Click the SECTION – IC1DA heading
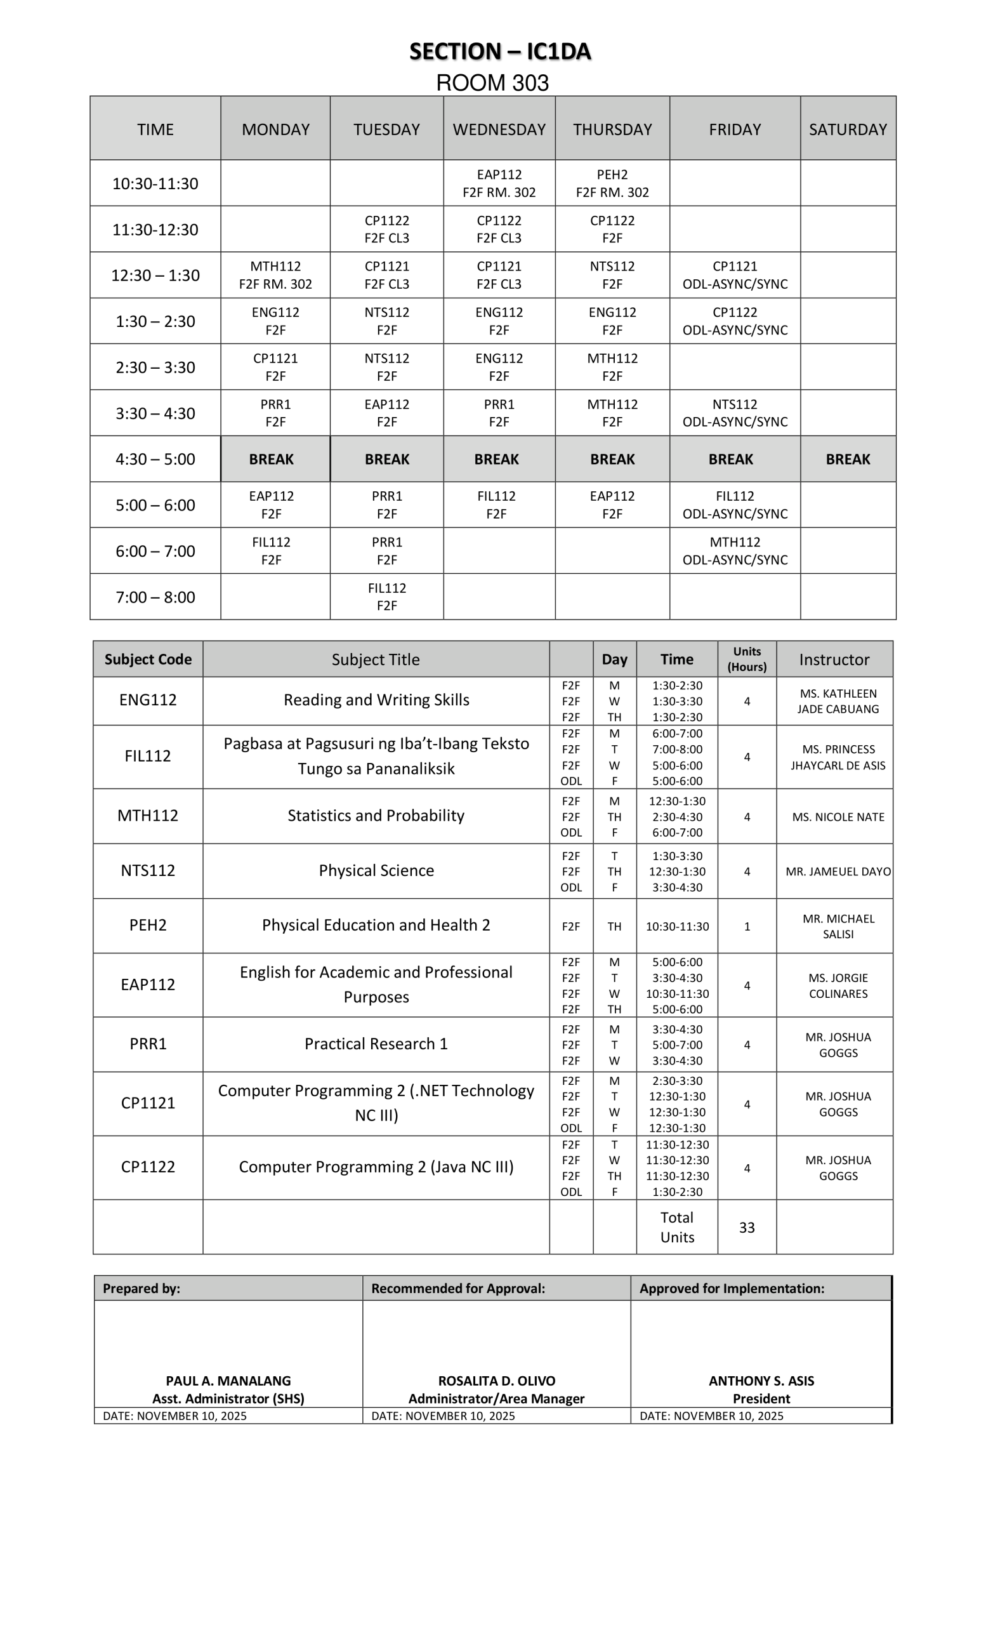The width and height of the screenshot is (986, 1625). (x=499, y=51)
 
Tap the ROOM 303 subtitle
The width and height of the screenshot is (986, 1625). (x=492, y=83)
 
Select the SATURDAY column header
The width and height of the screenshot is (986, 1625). (x=848, y=129)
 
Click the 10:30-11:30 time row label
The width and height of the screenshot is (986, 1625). (x=155, y=183)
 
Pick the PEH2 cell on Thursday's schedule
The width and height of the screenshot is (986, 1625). (x=612, y=183)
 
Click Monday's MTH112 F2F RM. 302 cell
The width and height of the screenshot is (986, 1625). (x=275, y=275)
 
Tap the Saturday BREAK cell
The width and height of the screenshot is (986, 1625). (x=848, y=459)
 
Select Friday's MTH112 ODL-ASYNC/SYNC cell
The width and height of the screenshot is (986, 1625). (x=734, y=551)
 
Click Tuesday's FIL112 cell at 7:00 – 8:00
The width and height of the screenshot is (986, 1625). (x=386, y=597)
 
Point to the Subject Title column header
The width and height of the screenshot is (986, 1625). (x=376, y=660)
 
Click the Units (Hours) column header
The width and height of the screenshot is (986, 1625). (x=746, y=660)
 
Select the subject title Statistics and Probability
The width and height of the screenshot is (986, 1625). (x=376, y=816)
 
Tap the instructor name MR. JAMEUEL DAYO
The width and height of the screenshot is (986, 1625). (x=838, y=871)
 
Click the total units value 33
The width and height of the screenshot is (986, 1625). (x=746, y=1228)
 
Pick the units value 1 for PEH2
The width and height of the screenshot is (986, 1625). (x=746, y=926)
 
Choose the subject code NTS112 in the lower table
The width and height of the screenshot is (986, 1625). (x=148, y=870)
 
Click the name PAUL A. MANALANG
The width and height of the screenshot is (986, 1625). (x=228, y=1381)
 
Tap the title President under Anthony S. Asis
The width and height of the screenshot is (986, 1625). (x=761, y=1399)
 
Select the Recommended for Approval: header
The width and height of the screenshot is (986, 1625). (x=458, y=1289)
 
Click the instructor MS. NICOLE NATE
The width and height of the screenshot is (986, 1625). (x=838, y=816)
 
